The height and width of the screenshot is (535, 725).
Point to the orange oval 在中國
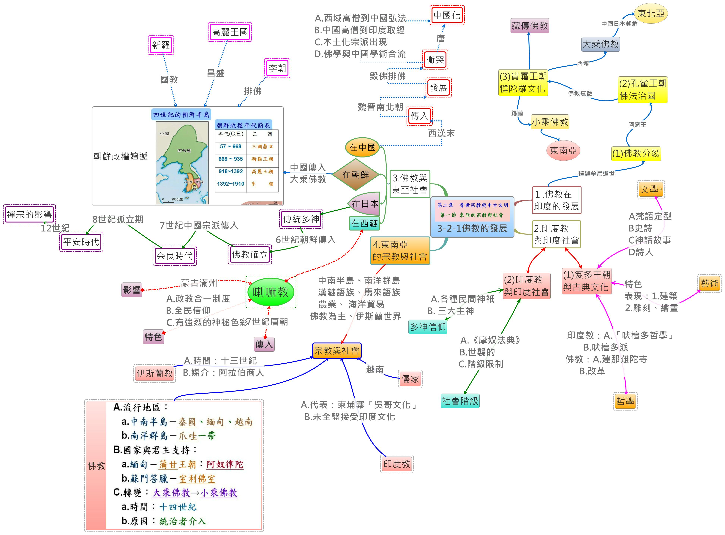pos(362,147)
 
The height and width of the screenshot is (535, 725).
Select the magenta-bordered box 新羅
pos(161,45)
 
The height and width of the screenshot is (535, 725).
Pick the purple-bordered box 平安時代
pos(81,242)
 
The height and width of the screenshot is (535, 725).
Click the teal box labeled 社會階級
pos(460,401)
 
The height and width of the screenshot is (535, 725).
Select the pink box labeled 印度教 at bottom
pos(397,464)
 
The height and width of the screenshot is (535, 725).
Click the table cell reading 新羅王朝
pos(262,159)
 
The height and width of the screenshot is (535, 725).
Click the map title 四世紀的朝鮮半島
pos(181,115)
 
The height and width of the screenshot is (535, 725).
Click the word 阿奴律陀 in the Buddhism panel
pos(225,464)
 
